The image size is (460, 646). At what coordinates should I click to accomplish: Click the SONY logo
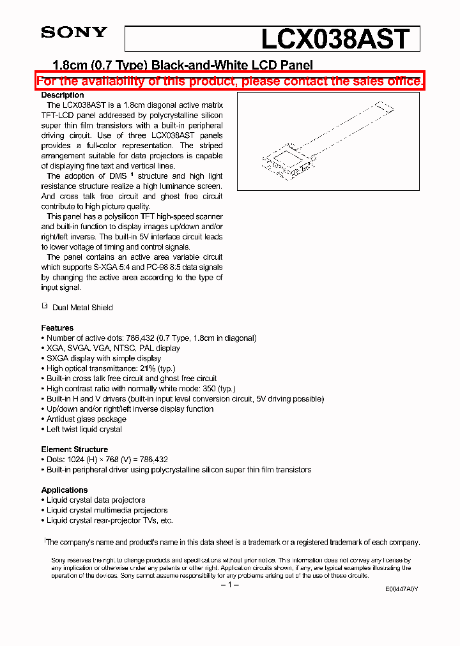pos(74,33)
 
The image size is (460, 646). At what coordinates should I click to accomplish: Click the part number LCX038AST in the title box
pos(335,39)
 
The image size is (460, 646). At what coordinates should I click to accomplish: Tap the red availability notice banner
pos(229,81)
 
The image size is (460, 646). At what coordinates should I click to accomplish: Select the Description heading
pos(63,95)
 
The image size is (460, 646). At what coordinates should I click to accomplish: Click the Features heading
pos(57,327)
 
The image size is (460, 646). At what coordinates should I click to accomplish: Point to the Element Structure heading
pos(75,449)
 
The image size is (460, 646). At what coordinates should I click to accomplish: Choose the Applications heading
pos(65,490)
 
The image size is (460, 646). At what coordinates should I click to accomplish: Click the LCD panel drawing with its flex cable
pos(328,141)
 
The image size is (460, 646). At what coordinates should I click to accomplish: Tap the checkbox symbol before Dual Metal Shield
pos(45,306)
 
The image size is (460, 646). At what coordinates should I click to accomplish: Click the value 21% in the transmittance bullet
pos(147,368)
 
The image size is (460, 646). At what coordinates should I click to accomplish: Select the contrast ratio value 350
pos(208,389)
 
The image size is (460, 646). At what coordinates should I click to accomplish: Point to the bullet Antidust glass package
pos(86,419)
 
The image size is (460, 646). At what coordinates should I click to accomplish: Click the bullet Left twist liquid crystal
pos(84,430)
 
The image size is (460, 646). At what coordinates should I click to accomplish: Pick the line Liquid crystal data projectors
pos(96,500)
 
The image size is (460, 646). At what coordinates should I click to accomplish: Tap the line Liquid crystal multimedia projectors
pos(107,510)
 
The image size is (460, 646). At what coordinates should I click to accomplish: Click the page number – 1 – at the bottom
pos(229,585)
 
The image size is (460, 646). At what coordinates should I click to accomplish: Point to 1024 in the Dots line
pos(77,459)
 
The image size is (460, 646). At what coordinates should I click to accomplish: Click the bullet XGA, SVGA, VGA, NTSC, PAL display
pos(113,348)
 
